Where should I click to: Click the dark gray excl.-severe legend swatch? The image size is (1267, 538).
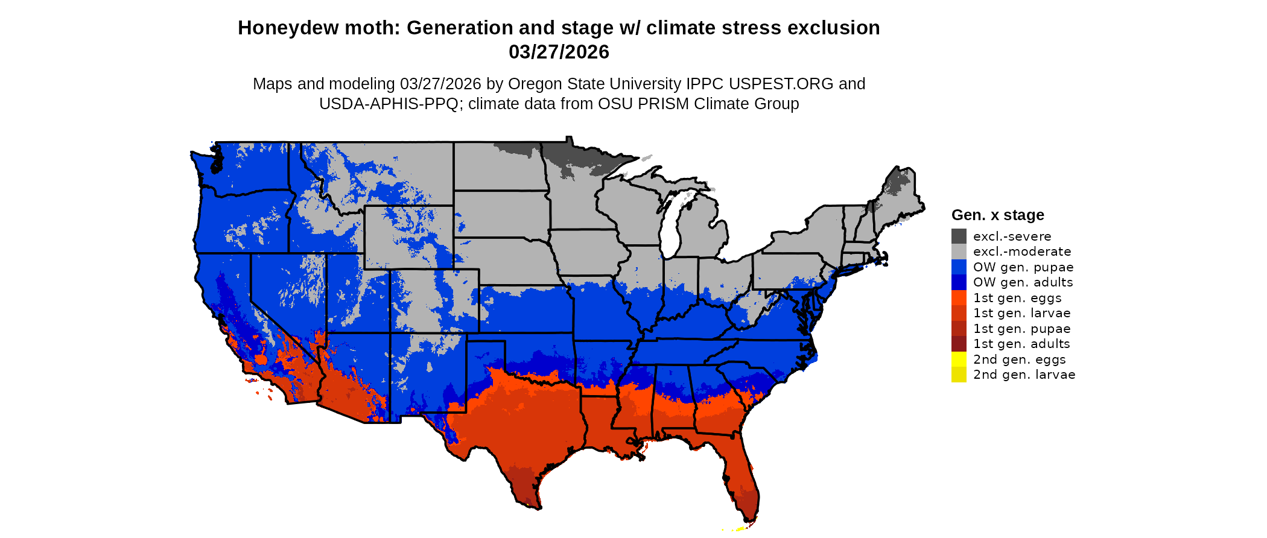tap(959, 236)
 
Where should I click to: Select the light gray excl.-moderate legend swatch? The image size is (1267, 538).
tap(959, 252)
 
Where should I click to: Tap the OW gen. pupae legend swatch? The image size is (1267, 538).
tap(959, 267)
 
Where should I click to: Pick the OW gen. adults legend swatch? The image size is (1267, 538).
tap(959, 282)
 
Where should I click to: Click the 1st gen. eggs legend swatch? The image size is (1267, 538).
tap(959, 298)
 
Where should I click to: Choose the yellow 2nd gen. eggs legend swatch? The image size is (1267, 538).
tap(959, 359)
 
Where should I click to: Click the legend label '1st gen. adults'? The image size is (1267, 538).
tap(1021, 344)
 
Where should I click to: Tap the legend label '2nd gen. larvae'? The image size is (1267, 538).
tap(1024, 375)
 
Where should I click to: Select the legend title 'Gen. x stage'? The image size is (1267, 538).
tap(997, 215)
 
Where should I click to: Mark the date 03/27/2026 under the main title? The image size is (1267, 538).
tap(559, 52)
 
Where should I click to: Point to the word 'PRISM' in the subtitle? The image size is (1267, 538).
tap(665, 104)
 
